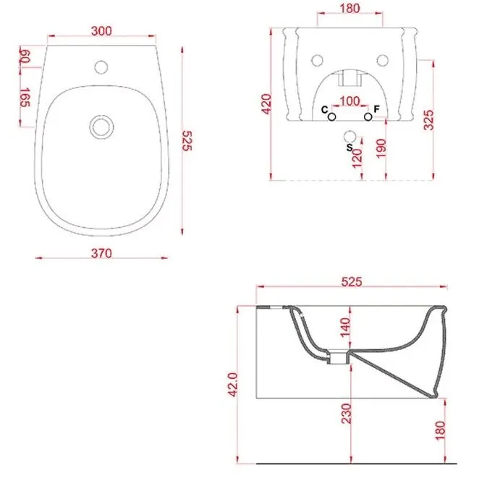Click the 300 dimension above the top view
click(101, 31)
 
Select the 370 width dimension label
click(101, 253)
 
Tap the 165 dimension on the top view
click(25, 97)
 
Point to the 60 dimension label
click(25, 56)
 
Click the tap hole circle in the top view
click(101, 67)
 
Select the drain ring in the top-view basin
click(101, 127)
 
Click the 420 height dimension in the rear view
click(266, 104)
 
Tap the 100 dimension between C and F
click(349, 101)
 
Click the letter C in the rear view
click(324, 109)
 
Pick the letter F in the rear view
click(376, 109)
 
